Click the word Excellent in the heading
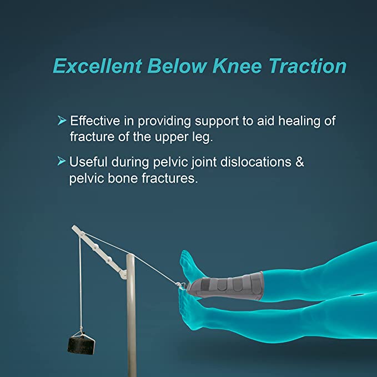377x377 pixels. point(98,66)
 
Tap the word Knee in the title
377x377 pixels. point(238,66)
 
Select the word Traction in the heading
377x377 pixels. point(308,66)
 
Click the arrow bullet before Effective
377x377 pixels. point(62,120)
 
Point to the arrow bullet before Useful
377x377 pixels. point(62,161)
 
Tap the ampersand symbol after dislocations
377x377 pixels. point(300,162)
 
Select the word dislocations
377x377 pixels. point(256,162)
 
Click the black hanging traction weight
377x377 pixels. point(81,345)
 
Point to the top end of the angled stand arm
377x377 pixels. point(74,227)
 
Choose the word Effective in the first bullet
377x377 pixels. point(95,120)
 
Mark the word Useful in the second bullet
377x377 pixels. point(88,162)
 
